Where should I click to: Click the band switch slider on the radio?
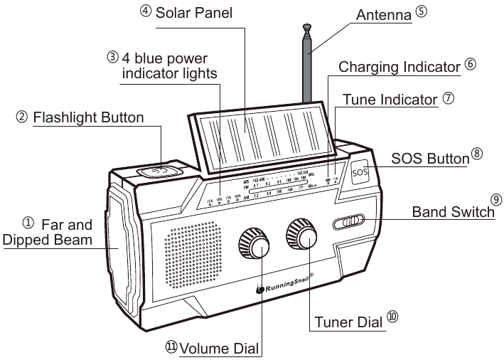[x=349, y=222]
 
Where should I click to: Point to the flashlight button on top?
[x=161, y=171]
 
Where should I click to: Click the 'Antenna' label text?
[x=380, y=14]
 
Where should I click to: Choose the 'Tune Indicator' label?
[x=390, y=100]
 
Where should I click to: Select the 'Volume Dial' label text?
[x=220, y=349]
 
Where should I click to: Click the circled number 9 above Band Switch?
[x=495, y=201]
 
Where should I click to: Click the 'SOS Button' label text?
[x=431, y=157]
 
